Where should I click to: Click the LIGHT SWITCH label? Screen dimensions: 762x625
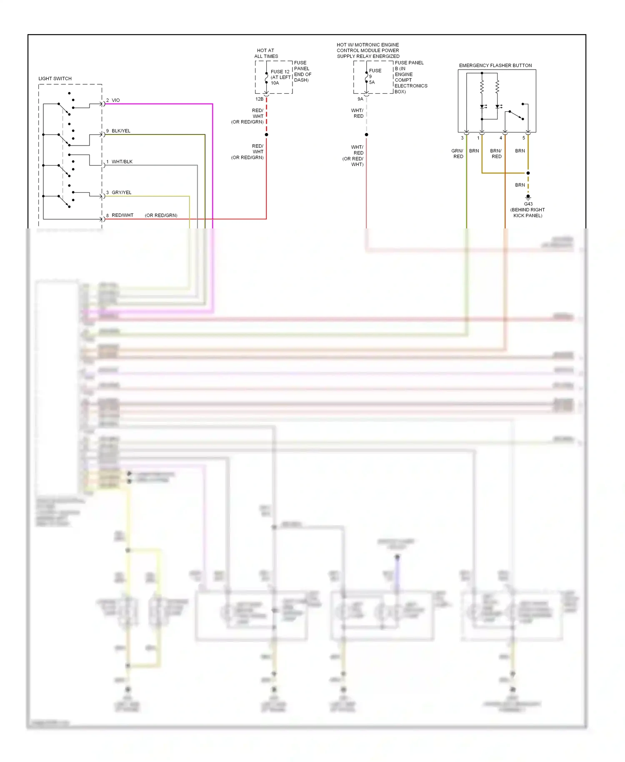(x=55, y=78)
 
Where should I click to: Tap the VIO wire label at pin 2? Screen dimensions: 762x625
(x=115, y=100)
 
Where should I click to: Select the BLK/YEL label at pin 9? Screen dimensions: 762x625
(x=121, y=131)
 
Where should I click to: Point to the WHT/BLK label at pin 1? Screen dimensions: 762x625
(x=122, y=162)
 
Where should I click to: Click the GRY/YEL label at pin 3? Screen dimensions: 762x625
(x=121, y=193)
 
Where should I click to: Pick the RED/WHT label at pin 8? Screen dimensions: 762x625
(x=122, y=216)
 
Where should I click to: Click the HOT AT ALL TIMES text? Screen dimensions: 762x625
(x=266, y=53)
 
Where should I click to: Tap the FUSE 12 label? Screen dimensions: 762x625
(x=280, y=72)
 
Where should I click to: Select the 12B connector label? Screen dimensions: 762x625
(x=259, y=99)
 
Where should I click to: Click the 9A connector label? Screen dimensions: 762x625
(x=360, y=99)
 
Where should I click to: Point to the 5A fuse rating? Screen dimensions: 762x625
(x=372, y=83)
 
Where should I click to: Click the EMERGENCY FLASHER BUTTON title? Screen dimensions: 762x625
(x=495, y=65)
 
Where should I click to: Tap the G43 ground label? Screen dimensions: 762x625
(x=528, y=204)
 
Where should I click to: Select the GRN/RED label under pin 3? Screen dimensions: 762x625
(x=457, y=154)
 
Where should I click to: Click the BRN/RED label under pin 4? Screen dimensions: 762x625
(x=496, y=154)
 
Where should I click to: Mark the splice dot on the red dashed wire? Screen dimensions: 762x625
(x=266, y=135)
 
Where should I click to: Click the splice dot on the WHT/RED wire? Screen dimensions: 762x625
(x=366, y=135)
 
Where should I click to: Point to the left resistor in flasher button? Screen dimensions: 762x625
(x=482, y=87)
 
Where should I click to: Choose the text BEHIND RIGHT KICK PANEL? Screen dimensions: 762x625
(x=527, y=213)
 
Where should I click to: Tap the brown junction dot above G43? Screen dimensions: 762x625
(x=528, y=173)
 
